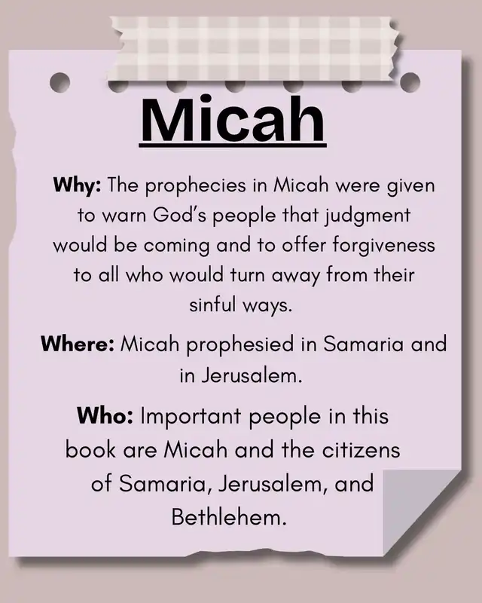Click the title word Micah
point(233,119)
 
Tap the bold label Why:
point(78,185)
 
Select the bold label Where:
point(78,344)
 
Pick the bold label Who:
point(105,416)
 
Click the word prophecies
point(196,186)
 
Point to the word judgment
point(368,216)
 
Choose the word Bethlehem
point(229,517)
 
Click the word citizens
point(361,449)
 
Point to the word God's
point(180,216)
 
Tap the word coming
point(176,246)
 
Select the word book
point(90,449)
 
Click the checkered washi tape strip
point(255,49)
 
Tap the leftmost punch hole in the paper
point(60,83)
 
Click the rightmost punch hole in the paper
point(410,83)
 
